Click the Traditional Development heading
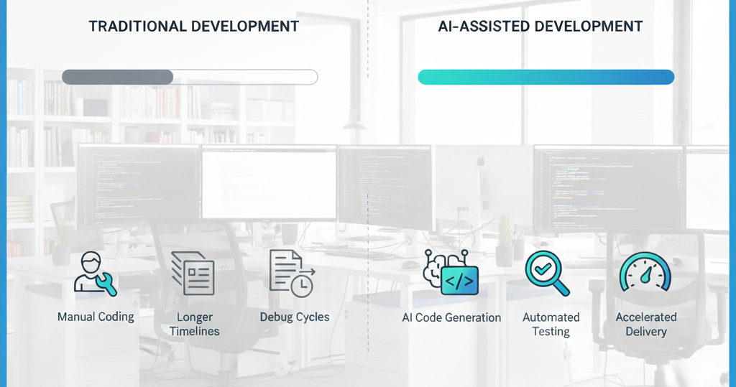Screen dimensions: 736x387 click(x=194, y=27)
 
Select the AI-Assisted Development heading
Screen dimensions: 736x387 click(x=540, y=27)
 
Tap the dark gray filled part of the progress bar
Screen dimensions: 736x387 click(x=117, y=77)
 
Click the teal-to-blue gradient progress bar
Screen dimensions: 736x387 click(x=546, y=77)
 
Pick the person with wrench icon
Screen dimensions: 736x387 click(x=96, y=274)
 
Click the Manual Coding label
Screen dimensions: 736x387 click(x=96, y=317)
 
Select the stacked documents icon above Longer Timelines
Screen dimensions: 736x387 click(x=193, y=274)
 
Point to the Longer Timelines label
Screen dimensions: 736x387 click(x=194, y=324)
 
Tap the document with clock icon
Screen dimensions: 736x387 click(x=292, y=274)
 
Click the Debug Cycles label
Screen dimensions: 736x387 click(x=295, y=317)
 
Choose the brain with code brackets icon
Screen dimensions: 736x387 click(x=451, y=273)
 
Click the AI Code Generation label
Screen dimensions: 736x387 click(x=451, y=317)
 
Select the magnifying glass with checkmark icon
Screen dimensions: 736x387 click(x=547, y=274)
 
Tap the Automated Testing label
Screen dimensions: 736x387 click(x=551, y=324)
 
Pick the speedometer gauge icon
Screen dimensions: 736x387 click(x=645, y=272)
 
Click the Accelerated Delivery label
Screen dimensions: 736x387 click(x=646, y=324)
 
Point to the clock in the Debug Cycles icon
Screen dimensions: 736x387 click(x=302, y=285)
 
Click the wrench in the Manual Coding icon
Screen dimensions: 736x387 click(x=106, y=284)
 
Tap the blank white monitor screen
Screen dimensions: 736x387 click(x=269, y=182)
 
